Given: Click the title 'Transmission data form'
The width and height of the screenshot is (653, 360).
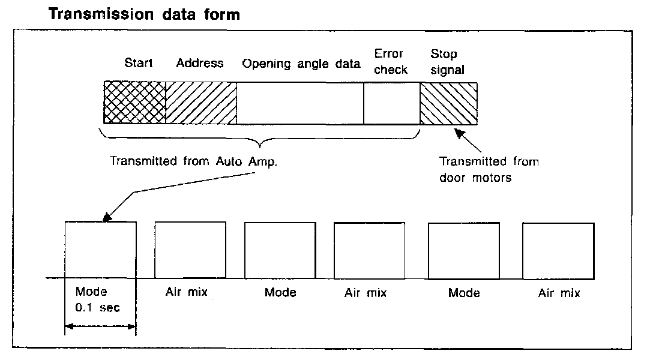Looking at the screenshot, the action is click(x=144, y=14).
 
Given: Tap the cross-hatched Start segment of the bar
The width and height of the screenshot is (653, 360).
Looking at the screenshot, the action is click(x=134, y=103).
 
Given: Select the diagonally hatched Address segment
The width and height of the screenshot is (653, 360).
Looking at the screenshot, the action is click(x=200, y=103).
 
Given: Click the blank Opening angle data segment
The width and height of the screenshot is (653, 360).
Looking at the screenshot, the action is click(x=300, y=103).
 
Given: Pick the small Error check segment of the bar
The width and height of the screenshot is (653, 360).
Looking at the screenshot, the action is click(x=391, y=103).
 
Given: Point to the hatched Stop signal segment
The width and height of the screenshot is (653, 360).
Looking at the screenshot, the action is click(x=448, y=103).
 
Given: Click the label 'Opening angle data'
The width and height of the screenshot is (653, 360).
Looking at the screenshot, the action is click(x=301, y=64).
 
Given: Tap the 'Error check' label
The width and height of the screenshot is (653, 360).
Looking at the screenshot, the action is click(x=391, y=62).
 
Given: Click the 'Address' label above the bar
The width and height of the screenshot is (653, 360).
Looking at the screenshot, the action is click(x=199, y=63).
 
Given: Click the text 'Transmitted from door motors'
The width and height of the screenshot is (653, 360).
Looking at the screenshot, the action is click(x=489, y=170).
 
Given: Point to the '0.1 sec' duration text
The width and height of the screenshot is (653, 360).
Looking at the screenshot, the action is click(x=98, y=308).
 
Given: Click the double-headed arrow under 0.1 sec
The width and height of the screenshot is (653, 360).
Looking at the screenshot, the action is click(x=100, y=327).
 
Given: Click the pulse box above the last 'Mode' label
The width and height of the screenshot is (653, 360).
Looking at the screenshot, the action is click(x=464, y=251).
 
